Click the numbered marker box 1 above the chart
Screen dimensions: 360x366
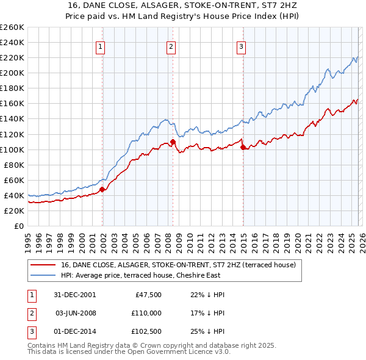pyautogui.click(x=100, y=46)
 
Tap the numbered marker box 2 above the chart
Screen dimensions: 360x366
pyautogui.click(x=171, y=46)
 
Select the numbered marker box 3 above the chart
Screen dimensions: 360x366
pyautogui.click(x=242, y=46)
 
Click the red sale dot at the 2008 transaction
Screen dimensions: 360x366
pyautogui.click(x=173, y=142)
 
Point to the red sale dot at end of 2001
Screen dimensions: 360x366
pyautogui.click(x=102, y=189)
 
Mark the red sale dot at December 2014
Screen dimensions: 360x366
pyautogui.click(x=243, y=147)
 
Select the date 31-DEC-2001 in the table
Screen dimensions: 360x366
pyautogui.click(x=75, y=295)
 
